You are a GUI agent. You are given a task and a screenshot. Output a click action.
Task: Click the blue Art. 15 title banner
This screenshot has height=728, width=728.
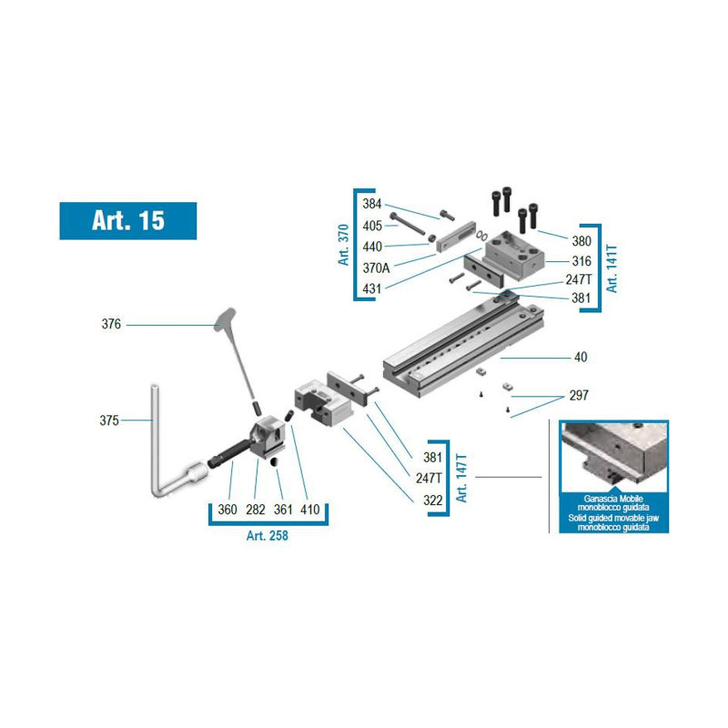(128, 220)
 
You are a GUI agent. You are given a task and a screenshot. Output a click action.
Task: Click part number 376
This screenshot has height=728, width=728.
(111, 324)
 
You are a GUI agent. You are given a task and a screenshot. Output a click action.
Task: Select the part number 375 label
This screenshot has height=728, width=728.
(109, 420)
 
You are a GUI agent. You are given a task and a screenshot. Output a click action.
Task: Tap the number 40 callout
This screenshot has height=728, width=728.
(581, 357)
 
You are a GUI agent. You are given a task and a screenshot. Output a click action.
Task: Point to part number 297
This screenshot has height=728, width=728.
(579, 396)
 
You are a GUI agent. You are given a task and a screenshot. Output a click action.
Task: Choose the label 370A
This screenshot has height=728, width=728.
(376, 268)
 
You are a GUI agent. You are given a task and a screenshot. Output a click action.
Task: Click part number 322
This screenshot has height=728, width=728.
(433, 500)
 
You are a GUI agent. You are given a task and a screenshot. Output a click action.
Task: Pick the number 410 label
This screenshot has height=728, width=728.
(310, 510)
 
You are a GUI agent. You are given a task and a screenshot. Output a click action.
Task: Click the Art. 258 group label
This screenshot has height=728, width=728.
(268, 535)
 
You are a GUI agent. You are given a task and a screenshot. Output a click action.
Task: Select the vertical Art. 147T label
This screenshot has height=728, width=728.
(461, 478)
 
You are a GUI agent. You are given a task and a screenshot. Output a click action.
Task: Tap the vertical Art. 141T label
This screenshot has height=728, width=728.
(612, 268)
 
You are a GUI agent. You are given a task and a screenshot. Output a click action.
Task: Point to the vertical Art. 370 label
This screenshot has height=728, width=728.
(343, 245)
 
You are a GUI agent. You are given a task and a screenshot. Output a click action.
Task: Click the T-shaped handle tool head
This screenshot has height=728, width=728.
(225, 318)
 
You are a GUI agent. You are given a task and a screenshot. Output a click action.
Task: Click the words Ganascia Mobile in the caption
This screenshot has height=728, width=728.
(613, 499)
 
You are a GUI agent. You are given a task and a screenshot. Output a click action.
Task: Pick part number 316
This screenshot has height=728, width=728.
(581, 261)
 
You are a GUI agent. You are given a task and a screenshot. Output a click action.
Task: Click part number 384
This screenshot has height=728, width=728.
(372, 203)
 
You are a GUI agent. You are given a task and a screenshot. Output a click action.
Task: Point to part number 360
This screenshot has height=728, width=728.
(227, 510)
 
